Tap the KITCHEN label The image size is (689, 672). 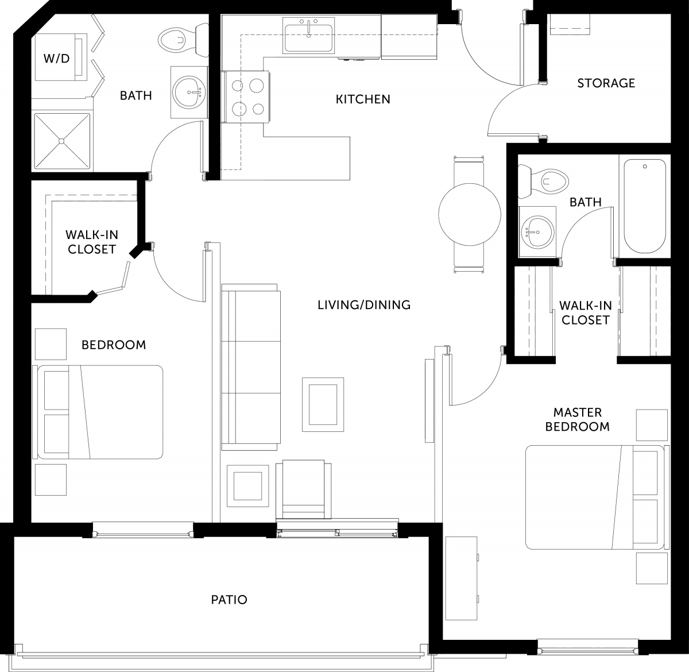coord(363,99)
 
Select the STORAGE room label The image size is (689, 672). coord(606,83)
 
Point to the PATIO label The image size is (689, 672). coord(229,600)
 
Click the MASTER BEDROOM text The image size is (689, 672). coord(577,419)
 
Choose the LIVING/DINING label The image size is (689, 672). coord(364,305)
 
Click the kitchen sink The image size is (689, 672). coord(309,36)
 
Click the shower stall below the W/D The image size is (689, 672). coord(61,141)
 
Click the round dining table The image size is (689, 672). coord(470,214)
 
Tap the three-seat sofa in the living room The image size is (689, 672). coord(250,367)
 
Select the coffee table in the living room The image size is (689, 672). coord(323,404)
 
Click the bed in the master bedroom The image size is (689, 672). coord(594,497)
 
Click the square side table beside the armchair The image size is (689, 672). coord(247,486)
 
